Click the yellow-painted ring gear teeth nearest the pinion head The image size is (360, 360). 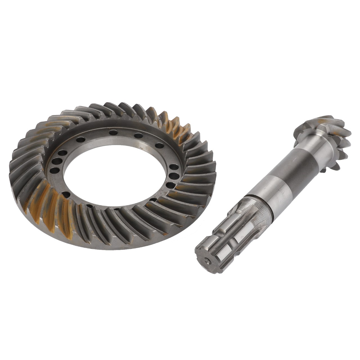pos(172,124)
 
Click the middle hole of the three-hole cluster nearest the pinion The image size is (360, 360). pos(174,176)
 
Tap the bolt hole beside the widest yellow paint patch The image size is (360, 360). pos(66,194)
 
